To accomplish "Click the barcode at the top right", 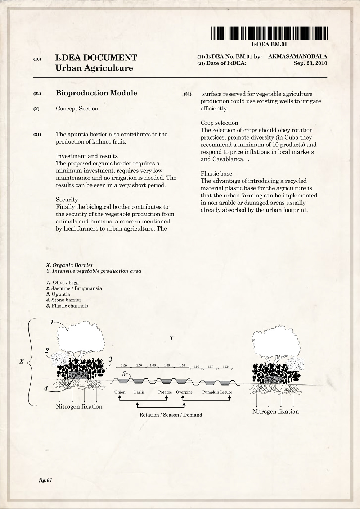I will tap(269, 33).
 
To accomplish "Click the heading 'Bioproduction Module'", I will tap(96, 93).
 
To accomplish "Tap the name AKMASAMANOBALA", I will tap(297, 56).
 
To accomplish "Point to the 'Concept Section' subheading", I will tap(77, 109).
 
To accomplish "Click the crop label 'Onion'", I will tap(120, 392).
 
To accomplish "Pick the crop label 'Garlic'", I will tap(139, 392).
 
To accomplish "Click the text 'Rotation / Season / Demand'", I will tap(171, 415).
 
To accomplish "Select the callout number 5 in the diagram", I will tap(124, 374).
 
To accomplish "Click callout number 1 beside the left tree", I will tap(52, 322).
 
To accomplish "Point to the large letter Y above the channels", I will tap(172, 338).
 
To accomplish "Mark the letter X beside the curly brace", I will tap(22, 361).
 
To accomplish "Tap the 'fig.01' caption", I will tap(46, 480).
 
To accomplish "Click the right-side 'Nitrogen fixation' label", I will tap(275, 412).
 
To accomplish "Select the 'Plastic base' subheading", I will tap(216, 174).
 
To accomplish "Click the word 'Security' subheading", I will tap(67, 200).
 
